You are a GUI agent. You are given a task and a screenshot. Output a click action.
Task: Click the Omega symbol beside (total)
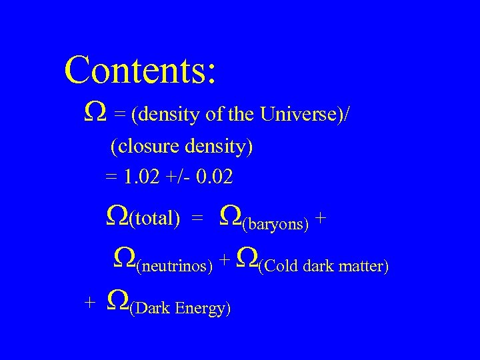[117, 215]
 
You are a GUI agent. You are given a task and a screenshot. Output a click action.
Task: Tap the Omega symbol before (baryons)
[230, 215]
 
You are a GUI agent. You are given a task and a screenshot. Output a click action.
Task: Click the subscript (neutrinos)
[174, 267]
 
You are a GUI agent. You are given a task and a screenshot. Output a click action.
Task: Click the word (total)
[155, 217]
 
